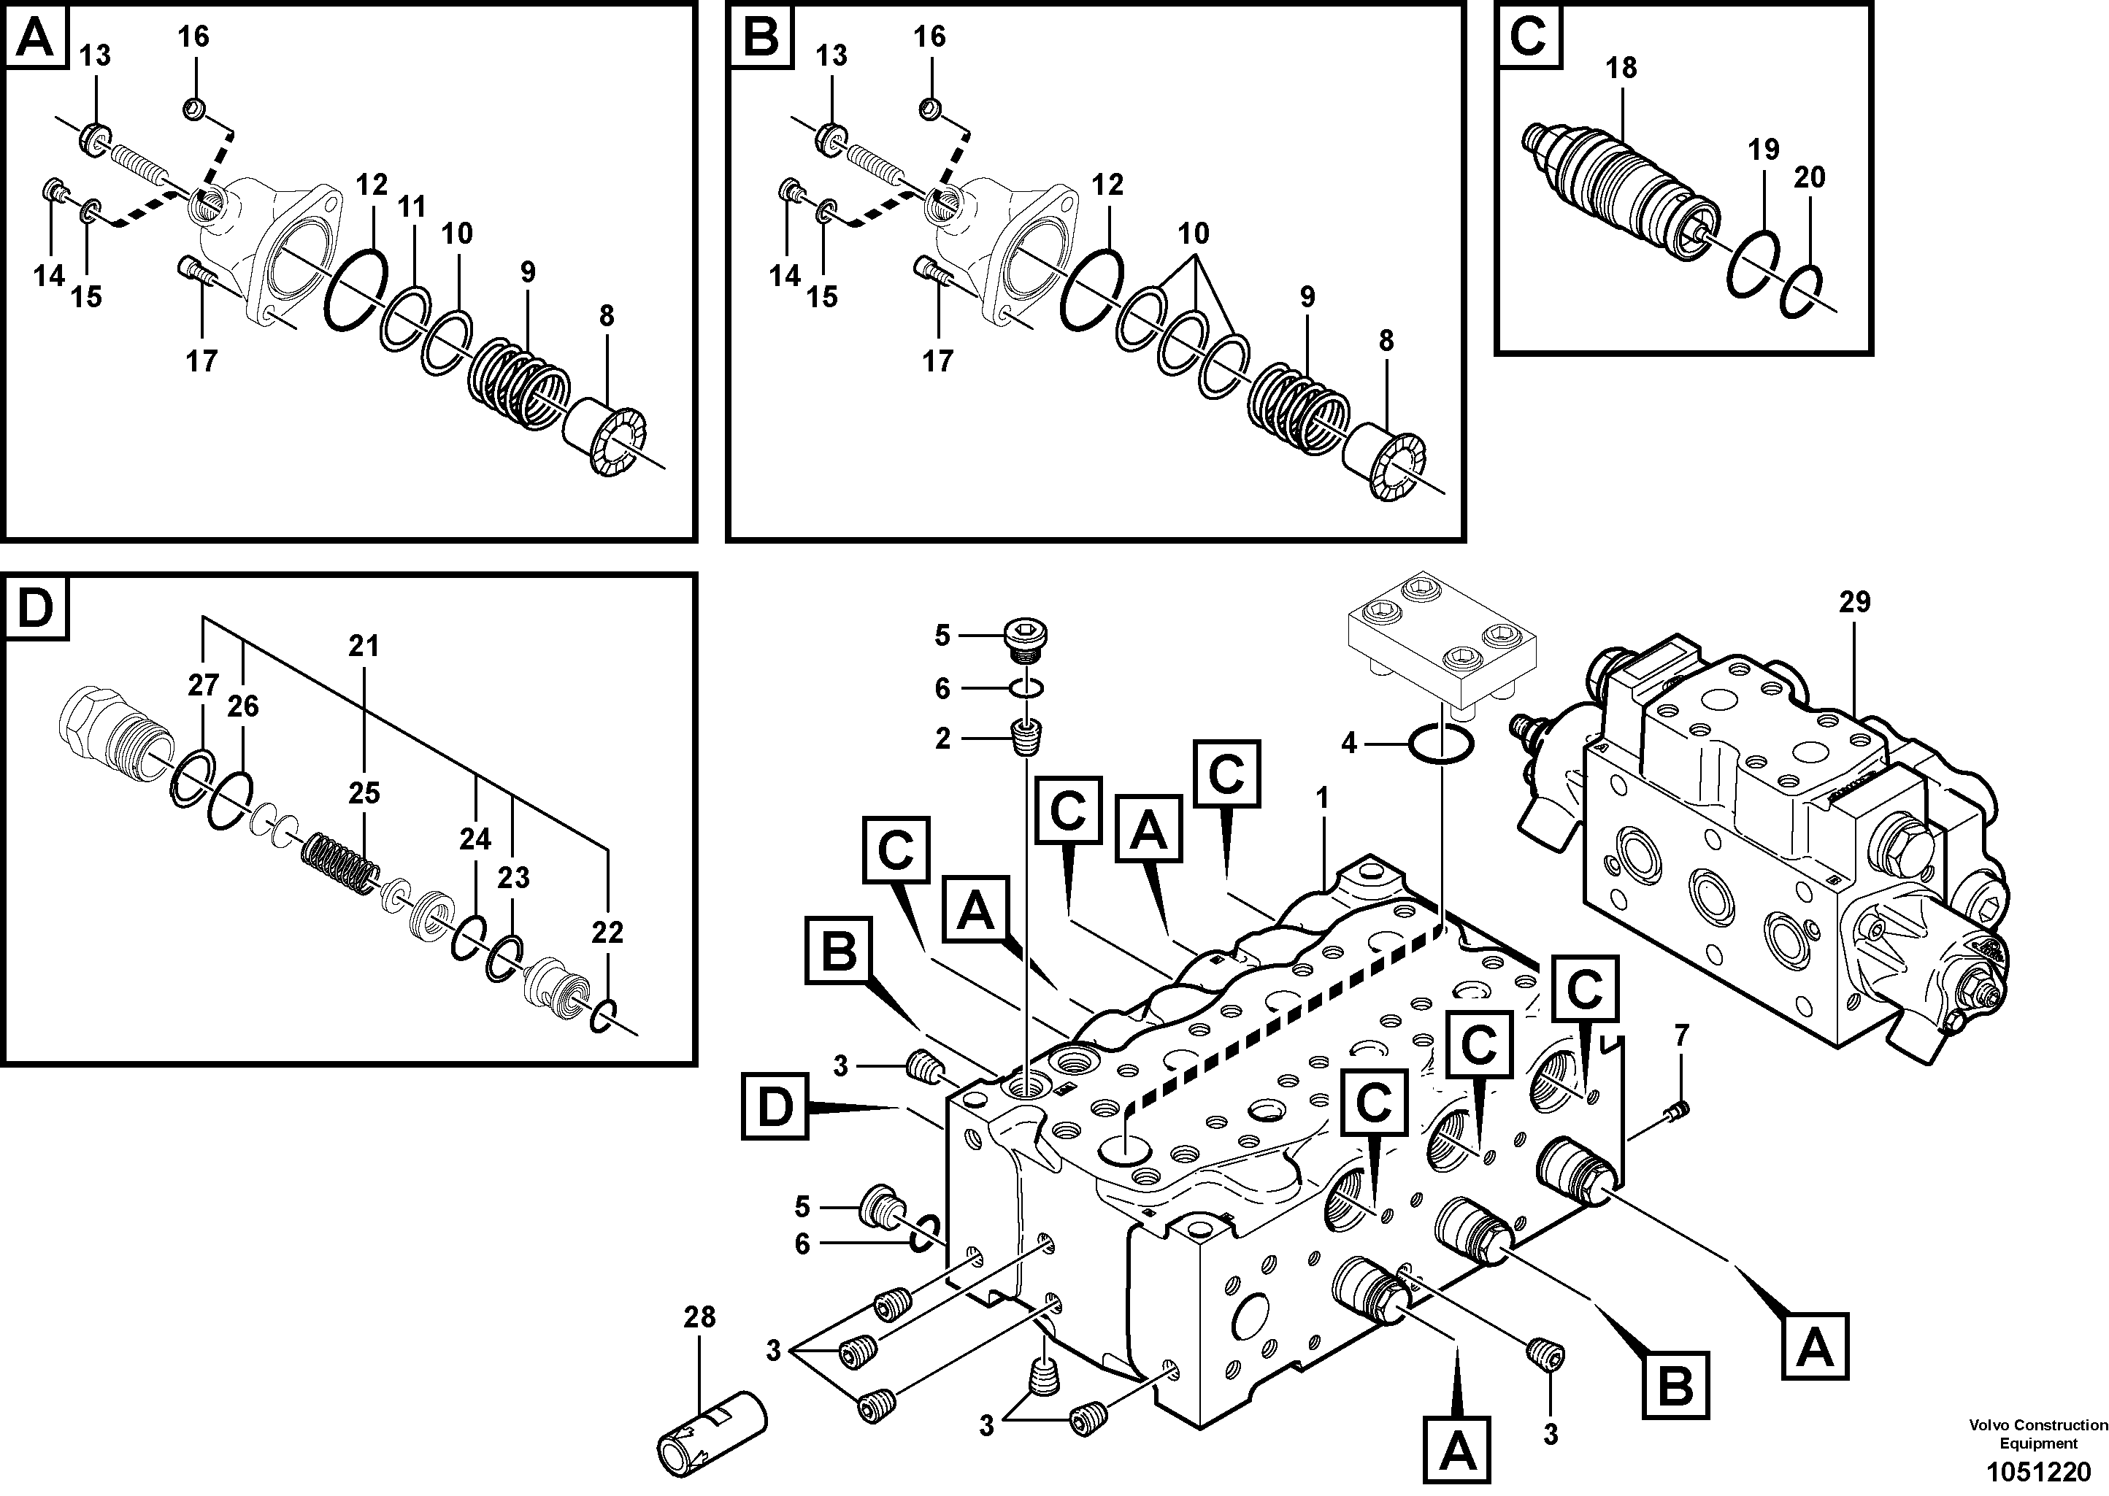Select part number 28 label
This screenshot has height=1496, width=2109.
click(699, 1317)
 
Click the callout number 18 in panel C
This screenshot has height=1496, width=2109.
click(1621, 68)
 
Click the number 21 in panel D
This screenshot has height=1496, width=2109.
click(364, 646)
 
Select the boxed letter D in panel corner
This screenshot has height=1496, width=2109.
click(35, 609)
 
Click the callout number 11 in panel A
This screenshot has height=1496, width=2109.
click(412, 207)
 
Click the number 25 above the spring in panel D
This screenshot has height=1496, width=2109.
click(364, 793)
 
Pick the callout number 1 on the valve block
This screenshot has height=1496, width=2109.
click(1322, 798)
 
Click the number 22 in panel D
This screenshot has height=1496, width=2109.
click(607, 933)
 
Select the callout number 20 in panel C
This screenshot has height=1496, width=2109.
click(1810, 177)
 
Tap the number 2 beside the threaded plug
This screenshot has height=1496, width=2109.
click(942, 739)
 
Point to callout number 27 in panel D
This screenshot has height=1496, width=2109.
click(203, 685)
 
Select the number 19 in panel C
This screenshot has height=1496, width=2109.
click(1764, 149)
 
